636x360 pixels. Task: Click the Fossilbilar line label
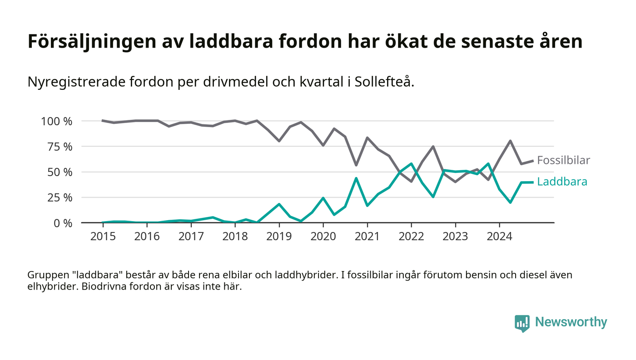tap(563, 160)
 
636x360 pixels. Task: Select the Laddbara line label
tap(562, 182)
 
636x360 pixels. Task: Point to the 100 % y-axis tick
tap(57, 121)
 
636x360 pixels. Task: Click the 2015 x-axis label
tap(102, 237)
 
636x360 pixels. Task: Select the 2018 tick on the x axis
tap(235, 237)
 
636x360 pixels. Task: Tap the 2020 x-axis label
tap(323, 237)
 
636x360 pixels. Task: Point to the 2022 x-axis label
tap(411, 237)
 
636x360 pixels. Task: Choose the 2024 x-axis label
tap(499, 237)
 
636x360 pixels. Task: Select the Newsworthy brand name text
tap(571, 322)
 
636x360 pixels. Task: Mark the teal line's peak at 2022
tap(411, 163)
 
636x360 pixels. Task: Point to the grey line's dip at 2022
tap(411, 182)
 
